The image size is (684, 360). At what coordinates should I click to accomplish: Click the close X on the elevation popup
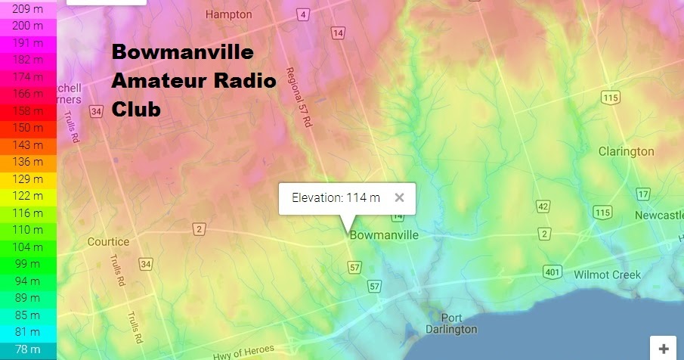coord(400,198)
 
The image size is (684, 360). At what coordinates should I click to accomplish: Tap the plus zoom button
coord(664,349)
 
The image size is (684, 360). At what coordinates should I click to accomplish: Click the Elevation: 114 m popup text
coord(336,198)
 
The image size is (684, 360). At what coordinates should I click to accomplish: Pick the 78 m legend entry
coord(28,349)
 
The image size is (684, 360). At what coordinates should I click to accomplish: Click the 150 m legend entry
coord(28,128)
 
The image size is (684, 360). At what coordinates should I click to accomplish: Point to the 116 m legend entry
coord(28,213)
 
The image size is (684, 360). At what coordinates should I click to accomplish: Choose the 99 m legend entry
coord(28,263)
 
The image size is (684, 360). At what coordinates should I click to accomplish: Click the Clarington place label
coord(626,151)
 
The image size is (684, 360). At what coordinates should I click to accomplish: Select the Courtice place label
coord(108,242)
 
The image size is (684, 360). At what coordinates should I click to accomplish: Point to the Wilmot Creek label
coord(607,275)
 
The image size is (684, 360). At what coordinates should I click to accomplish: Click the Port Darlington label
coord(450,324)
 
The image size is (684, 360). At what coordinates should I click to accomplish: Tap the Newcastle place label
coord(658,216)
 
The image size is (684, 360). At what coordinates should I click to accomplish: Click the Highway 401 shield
coord(552,272)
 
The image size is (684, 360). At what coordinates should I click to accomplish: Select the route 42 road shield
coord(542,206)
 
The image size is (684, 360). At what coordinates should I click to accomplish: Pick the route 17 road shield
coord(642,194)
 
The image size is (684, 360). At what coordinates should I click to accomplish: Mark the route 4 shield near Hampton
coord(303,14)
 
